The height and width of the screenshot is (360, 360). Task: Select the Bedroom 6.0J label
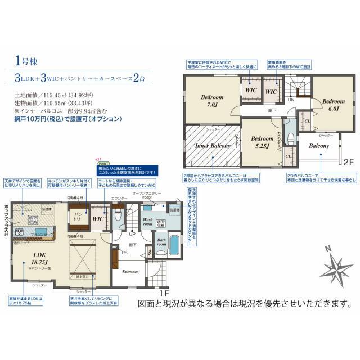[x=330, y=104]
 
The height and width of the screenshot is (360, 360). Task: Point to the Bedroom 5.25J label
[x=262, y=141]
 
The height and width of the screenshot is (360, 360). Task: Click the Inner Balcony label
[x=213, y=146]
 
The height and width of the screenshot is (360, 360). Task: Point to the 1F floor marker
[x=163, y=293]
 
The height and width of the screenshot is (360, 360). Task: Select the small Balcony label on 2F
[x=319, y=146]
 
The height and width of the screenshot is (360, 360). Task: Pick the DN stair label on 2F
[x=291, y=99]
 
